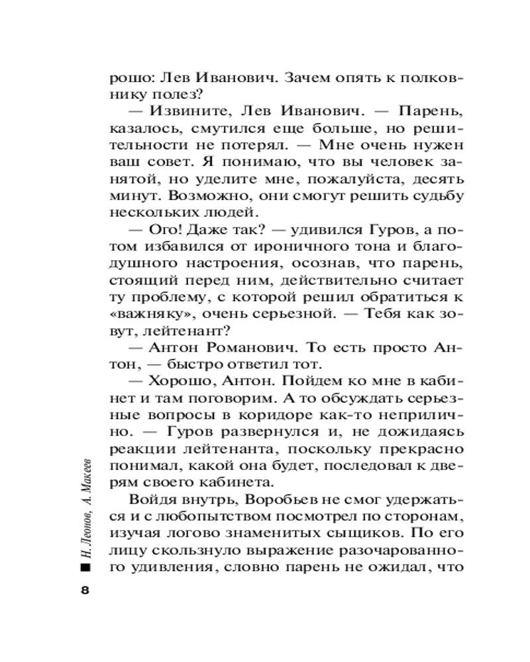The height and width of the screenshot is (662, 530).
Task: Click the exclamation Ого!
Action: (x=164, y=230)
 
